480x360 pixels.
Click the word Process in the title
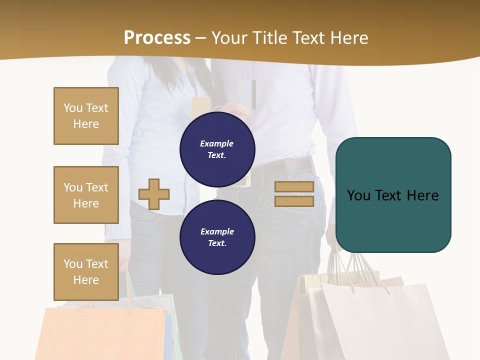click(157, 37)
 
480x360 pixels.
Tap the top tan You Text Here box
click(86, 116)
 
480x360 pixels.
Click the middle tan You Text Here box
click(86, 195)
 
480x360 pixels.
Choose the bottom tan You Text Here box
click(86, 272)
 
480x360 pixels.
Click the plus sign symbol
click(154, 194)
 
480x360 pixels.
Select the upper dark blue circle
click(217, 149)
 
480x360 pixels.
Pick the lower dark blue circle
click(217, 237)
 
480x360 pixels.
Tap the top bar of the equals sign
click(294, 186)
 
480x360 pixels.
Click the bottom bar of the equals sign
click(294, 201)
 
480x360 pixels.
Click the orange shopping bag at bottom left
click(100, 332)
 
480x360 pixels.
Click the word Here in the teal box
click(422, 195)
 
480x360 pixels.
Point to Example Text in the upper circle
click(217, 149)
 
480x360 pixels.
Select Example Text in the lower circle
click(217, 237)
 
